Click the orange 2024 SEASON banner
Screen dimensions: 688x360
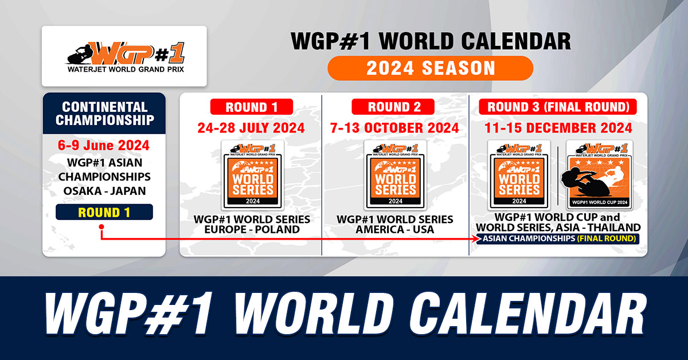[431, 68]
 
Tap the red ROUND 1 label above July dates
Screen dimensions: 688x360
[252, 107]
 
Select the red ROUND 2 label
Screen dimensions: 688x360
[393, 107]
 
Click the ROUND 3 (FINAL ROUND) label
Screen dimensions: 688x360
[558, 107]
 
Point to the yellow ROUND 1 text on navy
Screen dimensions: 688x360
[104, 212]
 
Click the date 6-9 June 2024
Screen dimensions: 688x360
[104, 145]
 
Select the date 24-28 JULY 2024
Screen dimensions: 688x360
[251, 128]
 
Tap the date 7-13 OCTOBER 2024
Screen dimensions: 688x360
[394, 128]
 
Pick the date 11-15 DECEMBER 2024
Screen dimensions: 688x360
[558, 128]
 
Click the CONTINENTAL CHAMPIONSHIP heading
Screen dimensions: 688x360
[104, 114]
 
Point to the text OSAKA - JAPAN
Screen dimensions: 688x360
[104, 191]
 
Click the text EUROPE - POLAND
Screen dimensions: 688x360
[252, 229]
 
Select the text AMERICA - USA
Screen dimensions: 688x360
[394, 229]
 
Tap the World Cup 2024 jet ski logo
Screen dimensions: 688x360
[599, 175]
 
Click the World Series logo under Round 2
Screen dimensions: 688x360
[395, 175]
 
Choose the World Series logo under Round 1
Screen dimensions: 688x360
[253, 175]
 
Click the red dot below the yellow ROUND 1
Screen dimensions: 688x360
[101, 226]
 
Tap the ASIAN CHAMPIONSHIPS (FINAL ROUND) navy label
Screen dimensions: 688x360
[558, 238]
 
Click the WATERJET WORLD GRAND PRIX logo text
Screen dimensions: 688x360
[126, 69]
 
